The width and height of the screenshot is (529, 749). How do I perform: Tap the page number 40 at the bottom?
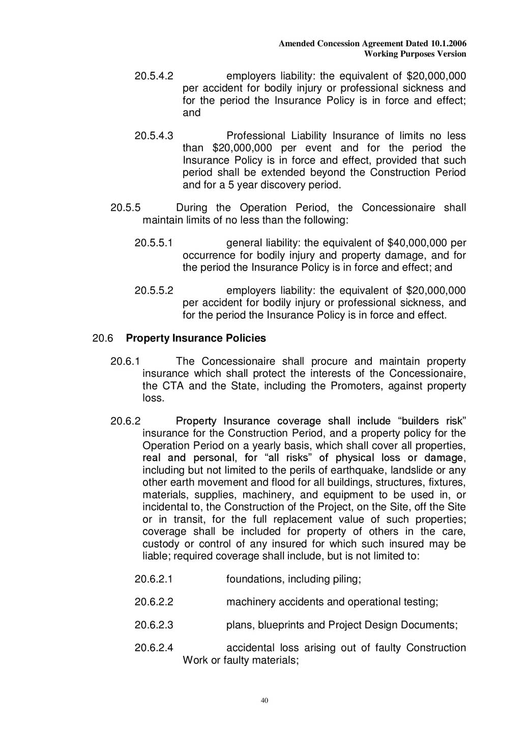coord(264,700)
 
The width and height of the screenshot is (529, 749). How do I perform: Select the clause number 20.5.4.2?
coord(154,76)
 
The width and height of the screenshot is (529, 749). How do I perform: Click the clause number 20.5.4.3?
coord(154,136)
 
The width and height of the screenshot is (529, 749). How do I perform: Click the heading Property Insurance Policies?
coord(196,338)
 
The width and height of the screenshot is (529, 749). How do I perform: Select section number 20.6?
coord(101,338)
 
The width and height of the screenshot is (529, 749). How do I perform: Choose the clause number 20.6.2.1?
coord(154,579)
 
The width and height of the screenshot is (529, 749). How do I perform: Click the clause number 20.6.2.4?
coord(154,648)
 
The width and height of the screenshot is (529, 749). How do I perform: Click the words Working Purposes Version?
coord(415,54)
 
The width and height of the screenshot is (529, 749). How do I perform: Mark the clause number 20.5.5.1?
coord(154,243)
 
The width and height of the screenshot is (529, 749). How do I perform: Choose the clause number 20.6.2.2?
coord(154,602)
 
